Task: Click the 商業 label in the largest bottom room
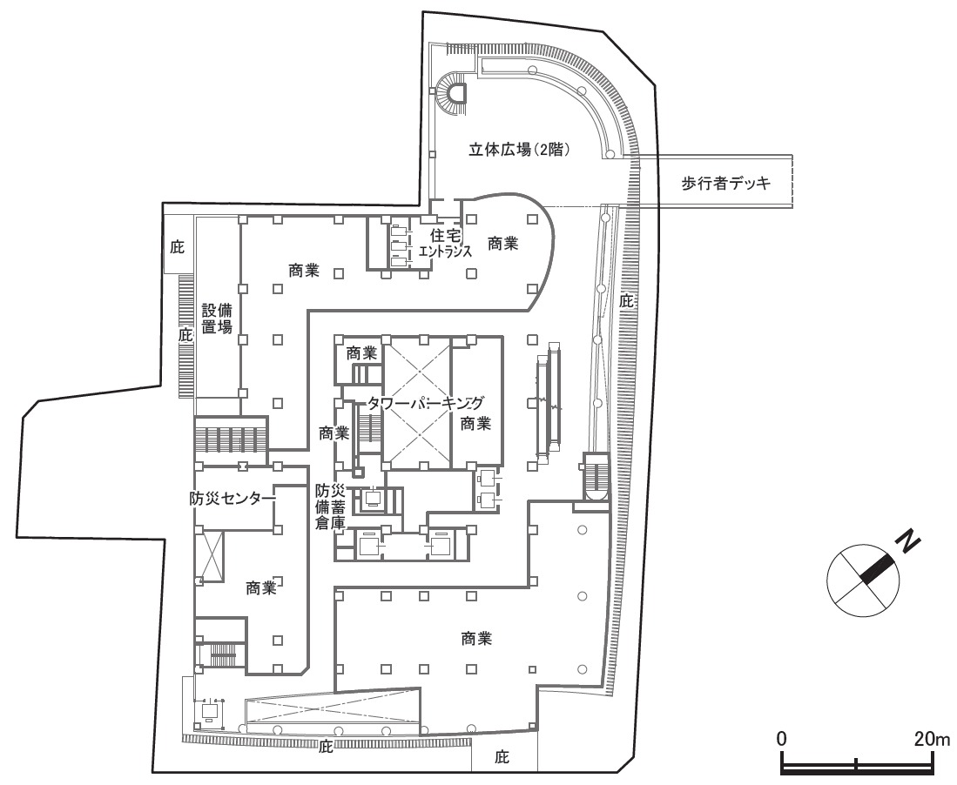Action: (476, 638)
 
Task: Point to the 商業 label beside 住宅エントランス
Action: (503, 245)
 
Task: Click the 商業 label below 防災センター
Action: (261, 588)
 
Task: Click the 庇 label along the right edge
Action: (625, 302)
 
